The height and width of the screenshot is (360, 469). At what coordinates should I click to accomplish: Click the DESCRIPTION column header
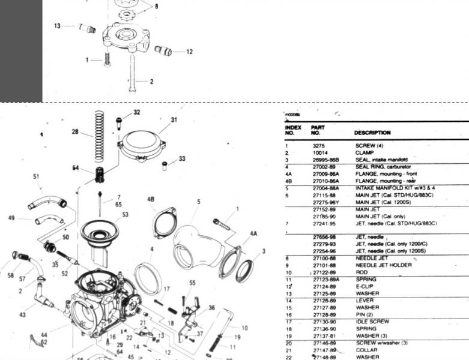[x=372, y=133]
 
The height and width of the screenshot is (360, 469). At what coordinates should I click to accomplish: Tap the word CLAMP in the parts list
[x=365, y=153]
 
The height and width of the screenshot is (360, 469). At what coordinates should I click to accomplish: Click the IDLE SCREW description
[x=372, y=322]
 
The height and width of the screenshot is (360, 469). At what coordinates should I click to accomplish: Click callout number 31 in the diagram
[x=174, y=120]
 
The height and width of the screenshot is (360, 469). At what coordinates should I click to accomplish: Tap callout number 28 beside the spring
[x=75, y=132]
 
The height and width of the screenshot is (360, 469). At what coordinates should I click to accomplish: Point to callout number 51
[x=36, y=176]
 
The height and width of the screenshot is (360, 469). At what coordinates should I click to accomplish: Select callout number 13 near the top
[x=57, y=26]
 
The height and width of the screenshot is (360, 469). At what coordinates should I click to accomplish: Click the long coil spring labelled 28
[x=99, y=138]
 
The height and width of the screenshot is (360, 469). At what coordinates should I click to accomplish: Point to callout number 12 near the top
[x=189, y=52]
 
